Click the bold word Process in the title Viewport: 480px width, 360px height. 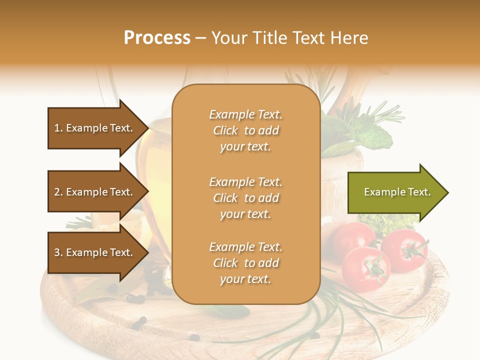(x=157, y=38)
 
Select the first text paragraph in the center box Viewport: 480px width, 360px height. (x=245, y=130)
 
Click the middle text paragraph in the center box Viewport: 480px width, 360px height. (x=245, y=198)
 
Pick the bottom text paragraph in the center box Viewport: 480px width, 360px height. (x=245, y=263)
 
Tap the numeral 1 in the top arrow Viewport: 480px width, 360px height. (x=56, y=128)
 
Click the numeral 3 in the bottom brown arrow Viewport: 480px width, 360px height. (x=56, y=252)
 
